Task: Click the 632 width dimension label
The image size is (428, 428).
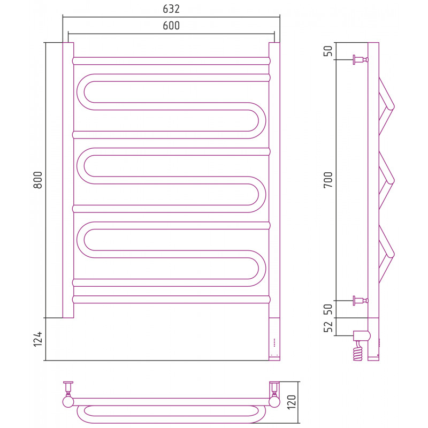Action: pyautogui.click(x=171, y=9)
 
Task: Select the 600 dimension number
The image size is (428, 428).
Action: pyautogui.click(x=171, y=26)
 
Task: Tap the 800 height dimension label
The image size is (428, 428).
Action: pyautogui.click(x=38, y=180)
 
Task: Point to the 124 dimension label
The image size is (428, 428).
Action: pyautogui.click(x=38, y=339)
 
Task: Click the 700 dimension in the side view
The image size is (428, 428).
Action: pyautogui.click(x=328, y=180)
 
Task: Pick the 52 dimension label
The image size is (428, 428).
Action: pyautogui.click(x=328, y=327)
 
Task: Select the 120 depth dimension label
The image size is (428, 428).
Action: pyautogui.click(x=292, y=402)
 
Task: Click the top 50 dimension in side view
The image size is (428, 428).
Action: pyautogui.click(x=328, y=51)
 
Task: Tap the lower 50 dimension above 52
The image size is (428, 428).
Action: pyautogui.click(x=328, y=309)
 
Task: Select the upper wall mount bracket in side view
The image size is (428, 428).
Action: pyautogui.click(x=361, y=59)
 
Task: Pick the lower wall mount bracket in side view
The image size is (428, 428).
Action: pyautogui.click(x=361, y=301)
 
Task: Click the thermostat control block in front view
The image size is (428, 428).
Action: pyautogui.click(x=274, y=339)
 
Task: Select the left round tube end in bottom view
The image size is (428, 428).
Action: pyautogui.click(x=68, y=402)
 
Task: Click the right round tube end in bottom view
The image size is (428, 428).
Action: pyautogui.click(x=274, y=402)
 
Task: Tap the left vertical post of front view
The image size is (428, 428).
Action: pyautogui.click(x=68, y=180)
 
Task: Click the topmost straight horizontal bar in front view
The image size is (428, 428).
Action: pyautogui.click(x=171, y=61)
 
